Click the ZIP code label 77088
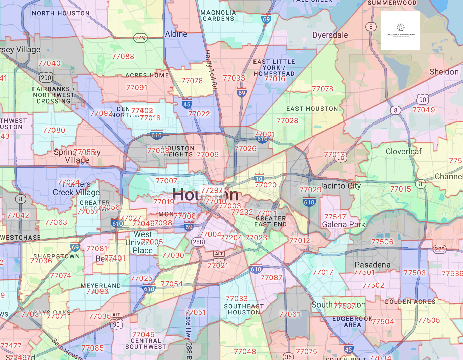click(x=123, y=57)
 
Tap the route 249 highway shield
click(x=140, y=38)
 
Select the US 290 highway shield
click(x=46, y=77)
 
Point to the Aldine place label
click(x=176, y=34)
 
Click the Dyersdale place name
click(x=330, y=35)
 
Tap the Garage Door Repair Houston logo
click(x=400, y=30)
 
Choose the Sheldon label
click(x=444, y=72)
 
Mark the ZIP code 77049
click(x=423, y=110)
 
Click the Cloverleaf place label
click(x=403, y=152)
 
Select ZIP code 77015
click(x=400, y=189)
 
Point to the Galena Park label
click(x=344, y=225)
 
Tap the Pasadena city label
click(x=372, y=265)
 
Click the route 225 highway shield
click(x=440, y=250)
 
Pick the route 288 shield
click(x=198, y=242)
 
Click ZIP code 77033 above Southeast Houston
click(x=237, y=299)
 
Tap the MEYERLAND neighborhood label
click(x=101, y=286)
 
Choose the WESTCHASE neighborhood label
click(x=20, y=238)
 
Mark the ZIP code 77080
click(x=54, y=130)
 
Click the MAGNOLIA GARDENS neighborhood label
click(x=218, y=16)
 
